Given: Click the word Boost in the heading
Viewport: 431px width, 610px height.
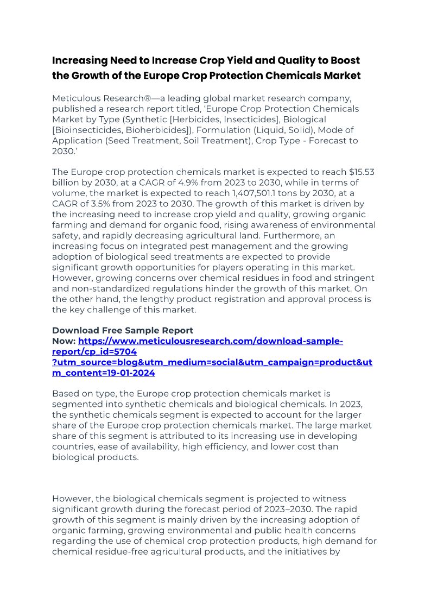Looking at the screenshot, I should (x=344, y=60).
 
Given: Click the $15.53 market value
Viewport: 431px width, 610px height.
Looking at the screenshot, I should (x=356, y=172).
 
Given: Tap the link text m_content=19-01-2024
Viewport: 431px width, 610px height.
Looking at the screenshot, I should (x=104, y=373).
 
